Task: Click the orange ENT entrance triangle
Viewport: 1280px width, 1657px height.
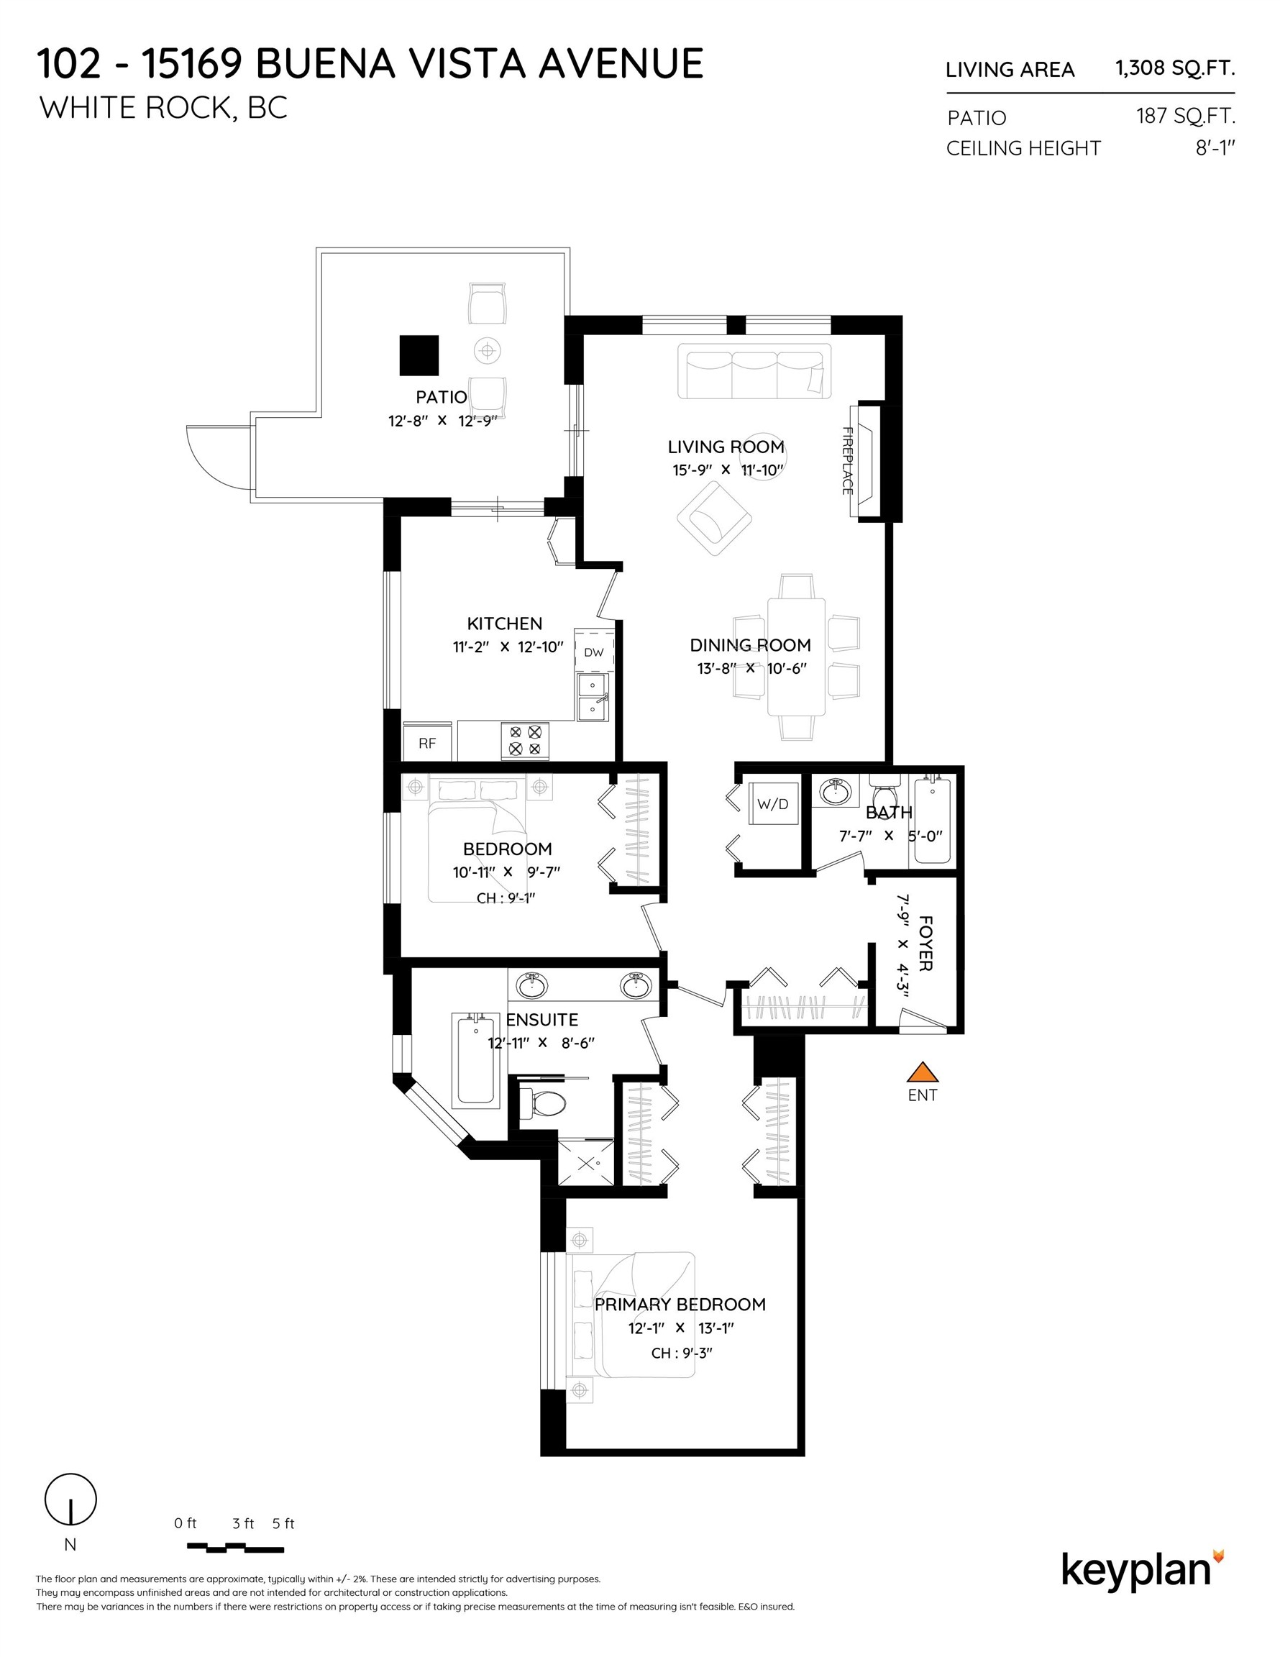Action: point(923,1072)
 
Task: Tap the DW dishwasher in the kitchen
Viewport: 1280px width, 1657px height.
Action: point(593,651)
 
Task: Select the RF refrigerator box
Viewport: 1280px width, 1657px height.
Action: point(427,743)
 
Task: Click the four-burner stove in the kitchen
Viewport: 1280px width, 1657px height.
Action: point(525,741)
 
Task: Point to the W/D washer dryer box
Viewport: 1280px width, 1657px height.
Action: point(773,804)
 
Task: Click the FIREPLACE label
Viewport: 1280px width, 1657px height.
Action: point(848,460)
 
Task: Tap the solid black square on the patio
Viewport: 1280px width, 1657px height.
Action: point(419,355)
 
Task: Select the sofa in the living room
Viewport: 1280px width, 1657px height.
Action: point(754,371)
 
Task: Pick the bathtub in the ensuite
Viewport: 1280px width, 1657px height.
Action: point(476,1059)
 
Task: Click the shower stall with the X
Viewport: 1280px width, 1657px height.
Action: point(586,1162)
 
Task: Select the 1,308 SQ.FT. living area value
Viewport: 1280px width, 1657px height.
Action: point(1174,68)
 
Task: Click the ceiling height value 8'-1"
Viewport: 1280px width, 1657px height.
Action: point(1215,148)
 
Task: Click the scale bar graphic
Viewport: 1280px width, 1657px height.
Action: point(235,1547)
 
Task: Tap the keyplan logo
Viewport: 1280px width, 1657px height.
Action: point(1140,1570)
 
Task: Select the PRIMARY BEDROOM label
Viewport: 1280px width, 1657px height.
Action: point(680,1304)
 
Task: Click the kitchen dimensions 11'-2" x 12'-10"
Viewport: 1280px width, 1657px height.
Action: point(508,647)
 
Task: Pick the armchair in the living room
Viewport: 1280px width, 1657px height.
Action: point(714,519)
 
